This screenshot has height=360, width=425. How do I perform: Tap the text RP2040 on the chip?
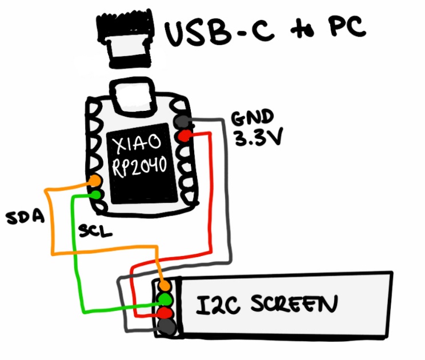pyautogui.click(x=139, y=166)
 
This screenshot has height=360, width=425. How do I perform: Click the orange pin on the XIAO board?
pyautogui.click(x=95, y=181)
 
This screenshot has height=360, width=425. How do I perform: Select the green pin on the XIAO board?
pyautogui.click(x=95, y=194)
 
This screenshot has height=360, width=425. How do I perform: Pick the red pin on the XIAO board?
pyautogui.click(x=184, y=135)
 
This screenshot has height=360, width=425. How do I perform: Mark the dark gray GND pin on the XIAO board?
pyautogui.click(x=183, y=121)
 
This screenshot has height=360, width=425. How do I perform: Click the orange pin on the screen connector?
pyautogui.click(x=165, y=285)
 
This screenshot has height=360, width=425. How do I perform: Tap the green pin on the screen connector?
pyautogui.click(x=165, y=299)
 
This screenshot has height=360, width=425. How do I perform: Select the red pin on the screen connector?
pyautogui.click(x=165, y=313)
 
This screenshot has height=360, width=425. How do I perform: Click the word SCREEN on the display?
pyautogui.click(x=289, y=303)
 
